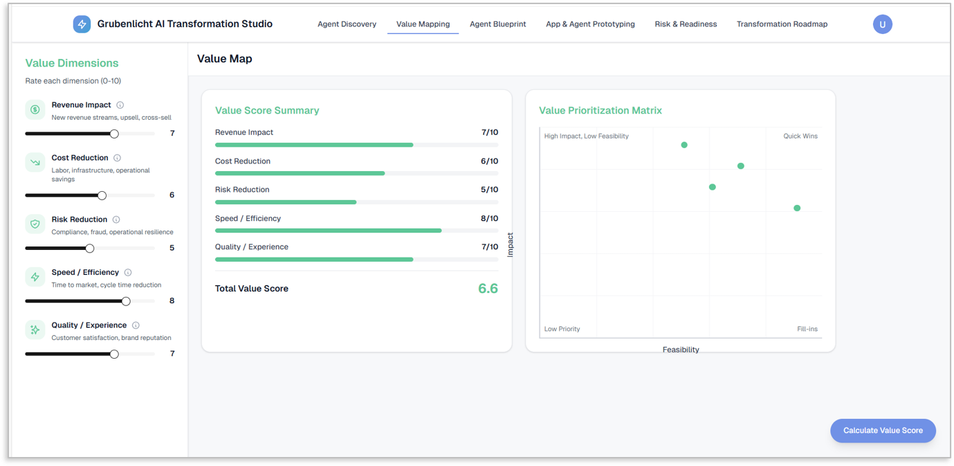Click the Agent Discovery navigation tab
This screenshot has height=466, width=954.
[x=347, y=24]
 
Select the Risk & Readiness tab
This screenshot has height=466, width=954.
[x=686, y=24]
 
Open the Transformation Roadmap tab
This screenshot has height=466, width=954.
[x=782, y=24]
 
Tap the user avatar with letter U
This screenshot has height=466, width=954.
[x=883, y=24]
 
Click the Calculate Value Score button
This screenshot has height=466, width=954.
[x=883, y=431]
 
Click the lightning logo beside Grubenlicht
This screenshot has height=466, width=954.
[x=82, y=24]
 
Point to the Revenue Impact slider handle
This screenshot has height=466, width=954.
[x=114, y=134]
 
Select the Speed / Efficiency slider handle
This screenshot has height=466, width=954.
[x=126, y=301]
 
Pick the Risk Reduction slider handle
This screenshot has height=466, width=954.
[x=90, y=249]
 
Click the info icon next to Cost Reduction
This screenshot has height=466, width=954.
[x=117, y=158]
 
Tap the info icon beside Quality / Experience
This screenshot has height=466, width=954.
[x=136, y=325]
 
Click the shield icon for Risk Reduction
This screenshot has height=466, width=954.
[x=35, y=224]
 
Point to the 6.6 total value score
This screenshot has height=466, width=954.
[x=488, y=289]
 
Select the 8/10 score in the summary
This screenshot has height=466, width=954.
[x=489, y=218]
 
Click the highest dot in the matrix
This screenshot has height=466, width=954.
[x=684, y=145]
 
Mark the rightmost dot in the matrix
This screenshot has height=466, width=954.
[x=797, y=208]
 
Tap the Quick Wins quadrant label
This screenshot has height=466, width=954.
[x=800, y=136]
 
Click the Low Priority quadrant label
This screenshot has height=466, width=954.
[x=562, y=329]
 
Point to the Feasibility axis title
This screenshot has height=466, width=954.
[x=681, y=350]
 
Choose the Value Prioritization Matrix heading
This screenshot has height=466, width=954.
[x=600, y=110]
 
